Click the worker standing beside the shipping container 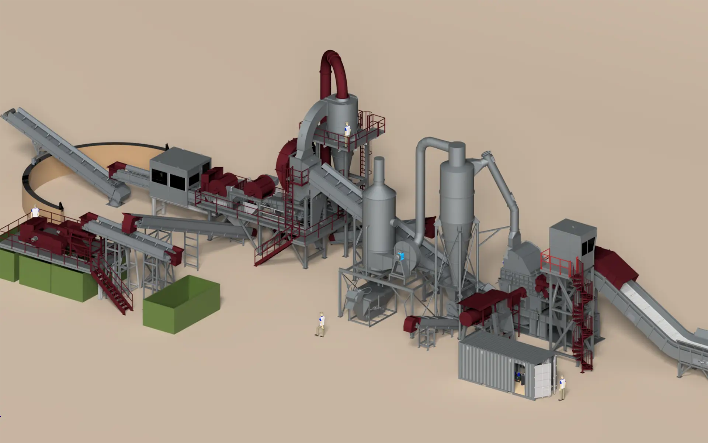(x=562, y=388)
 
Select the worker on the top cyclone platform (x=347, y=134)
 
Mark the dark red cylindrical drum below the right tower (x=472, y=317)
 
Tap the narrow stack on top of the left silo (x=379, y=170)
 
